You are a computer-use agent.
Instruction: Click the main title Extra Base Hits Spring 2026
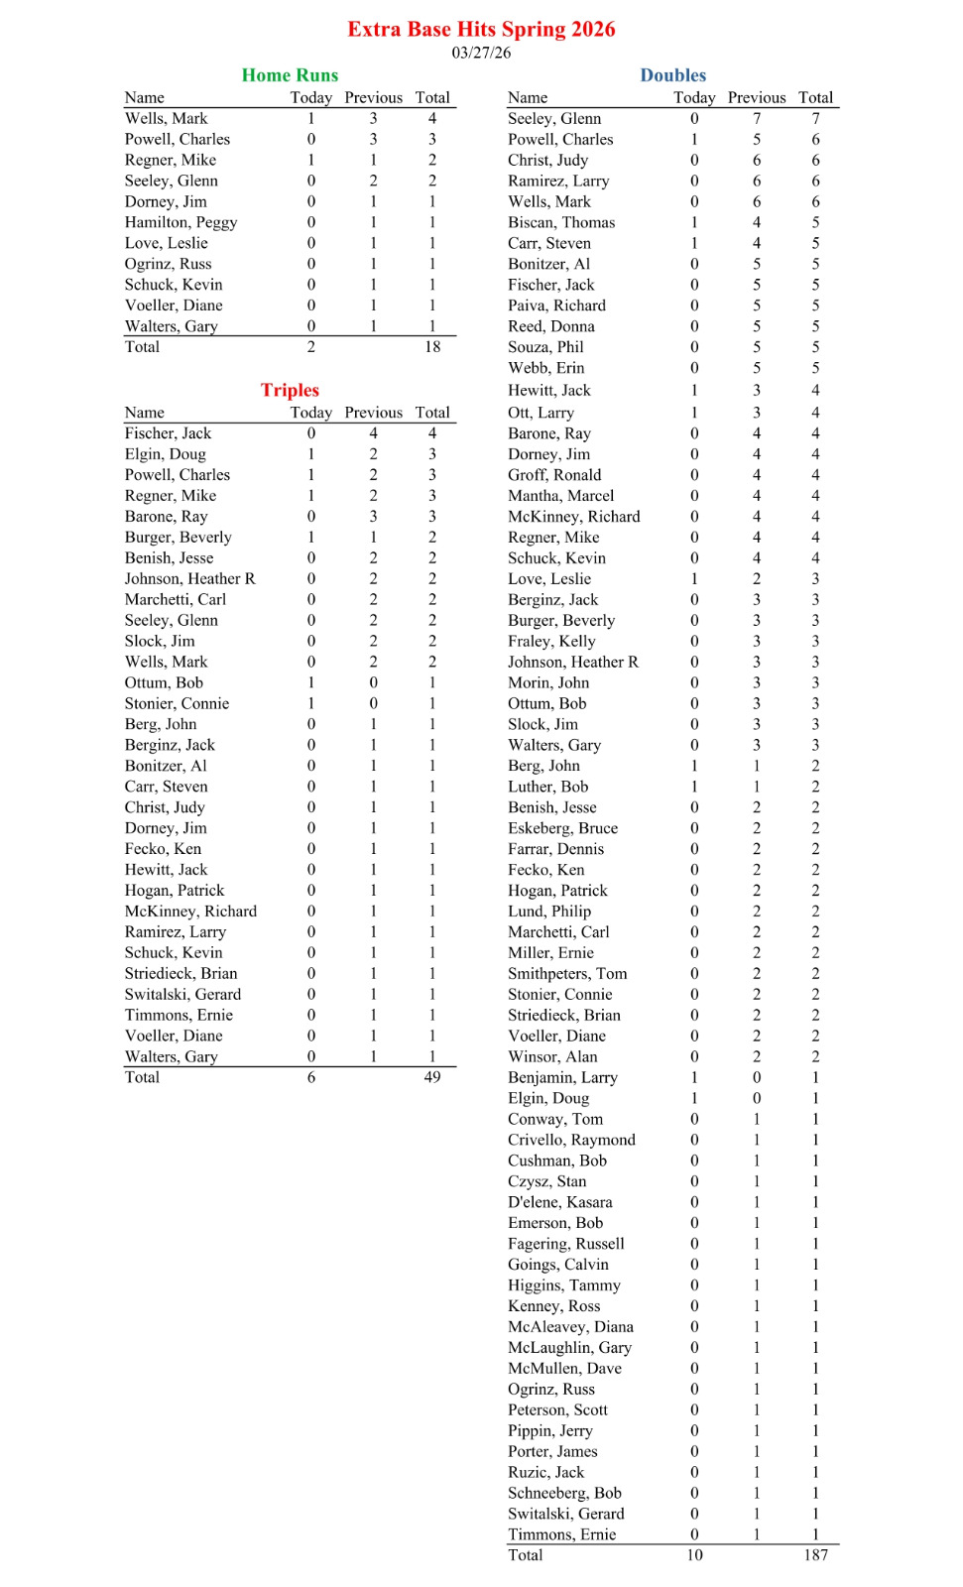(481, 29)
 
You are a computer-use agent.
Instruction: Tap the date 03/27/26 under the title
(481, 53)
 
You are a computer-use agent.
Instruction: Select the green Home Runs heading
(290, 75)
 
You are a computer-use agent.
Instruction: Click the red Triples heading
(290, 390)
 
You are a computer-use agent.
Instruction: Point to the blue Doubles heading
(672, 75)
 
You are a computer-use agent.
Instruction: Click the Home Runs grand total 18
(432, 347)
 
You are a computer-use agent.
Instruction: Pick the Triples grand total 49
(432, 1077)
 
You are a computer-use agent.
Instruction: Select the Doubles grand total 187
(815, 1555)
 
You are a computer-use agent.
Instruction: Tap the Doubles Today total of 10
(694, 1555)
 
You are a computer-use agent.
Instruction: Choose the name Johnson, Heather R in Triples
(189, 578)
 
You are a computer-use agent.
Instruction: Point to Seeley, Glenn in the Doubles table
(554, 118)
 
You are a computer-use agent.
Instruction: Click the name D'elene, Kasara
(559, 1202)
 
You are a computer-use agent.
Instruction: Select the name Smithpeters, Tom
(567, 973)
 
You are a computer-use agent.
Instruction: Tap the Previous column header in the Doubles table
(756, 97)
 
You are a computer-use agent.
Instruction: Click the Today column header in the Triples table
(310, 412)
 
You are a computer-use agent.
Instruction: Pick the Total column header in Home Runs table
(432, 97)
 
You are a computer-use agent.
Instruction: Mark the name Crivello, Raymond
(571, 1140)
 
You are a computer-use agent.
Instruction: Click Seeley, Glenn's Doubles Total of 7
(815, 118)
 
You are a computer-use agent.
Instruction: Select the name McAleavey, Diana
(570, 1327)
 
